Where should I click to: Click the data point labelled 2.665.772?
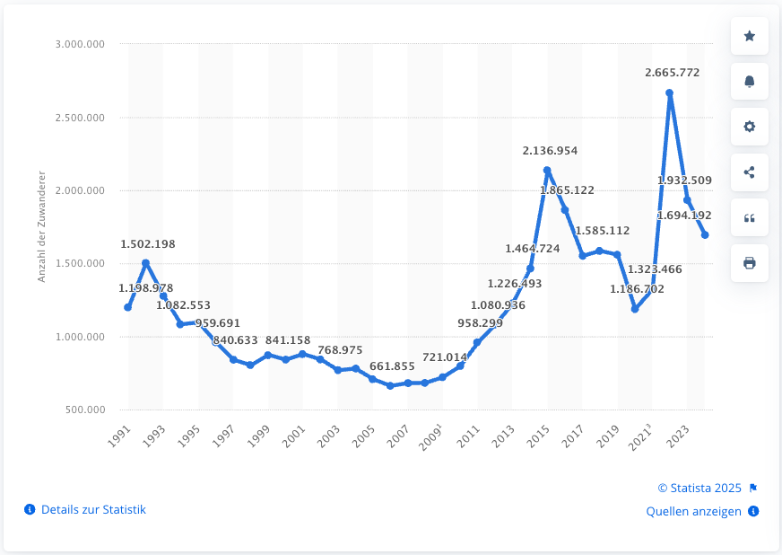(669, 93)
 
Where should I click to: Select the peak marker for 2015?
(547, 170)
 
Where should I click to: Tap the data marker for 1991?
(128, 307)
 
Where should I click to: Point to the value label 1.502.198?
(147, 243)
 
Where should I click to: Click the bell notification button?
(750, 82)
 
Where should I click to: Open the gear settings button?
(750, 127)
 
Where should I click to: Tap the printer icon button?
(750, 263)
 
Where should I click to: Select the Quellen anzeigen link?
(694, 511)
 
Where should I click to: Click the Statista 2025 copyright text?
(699, 488)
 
